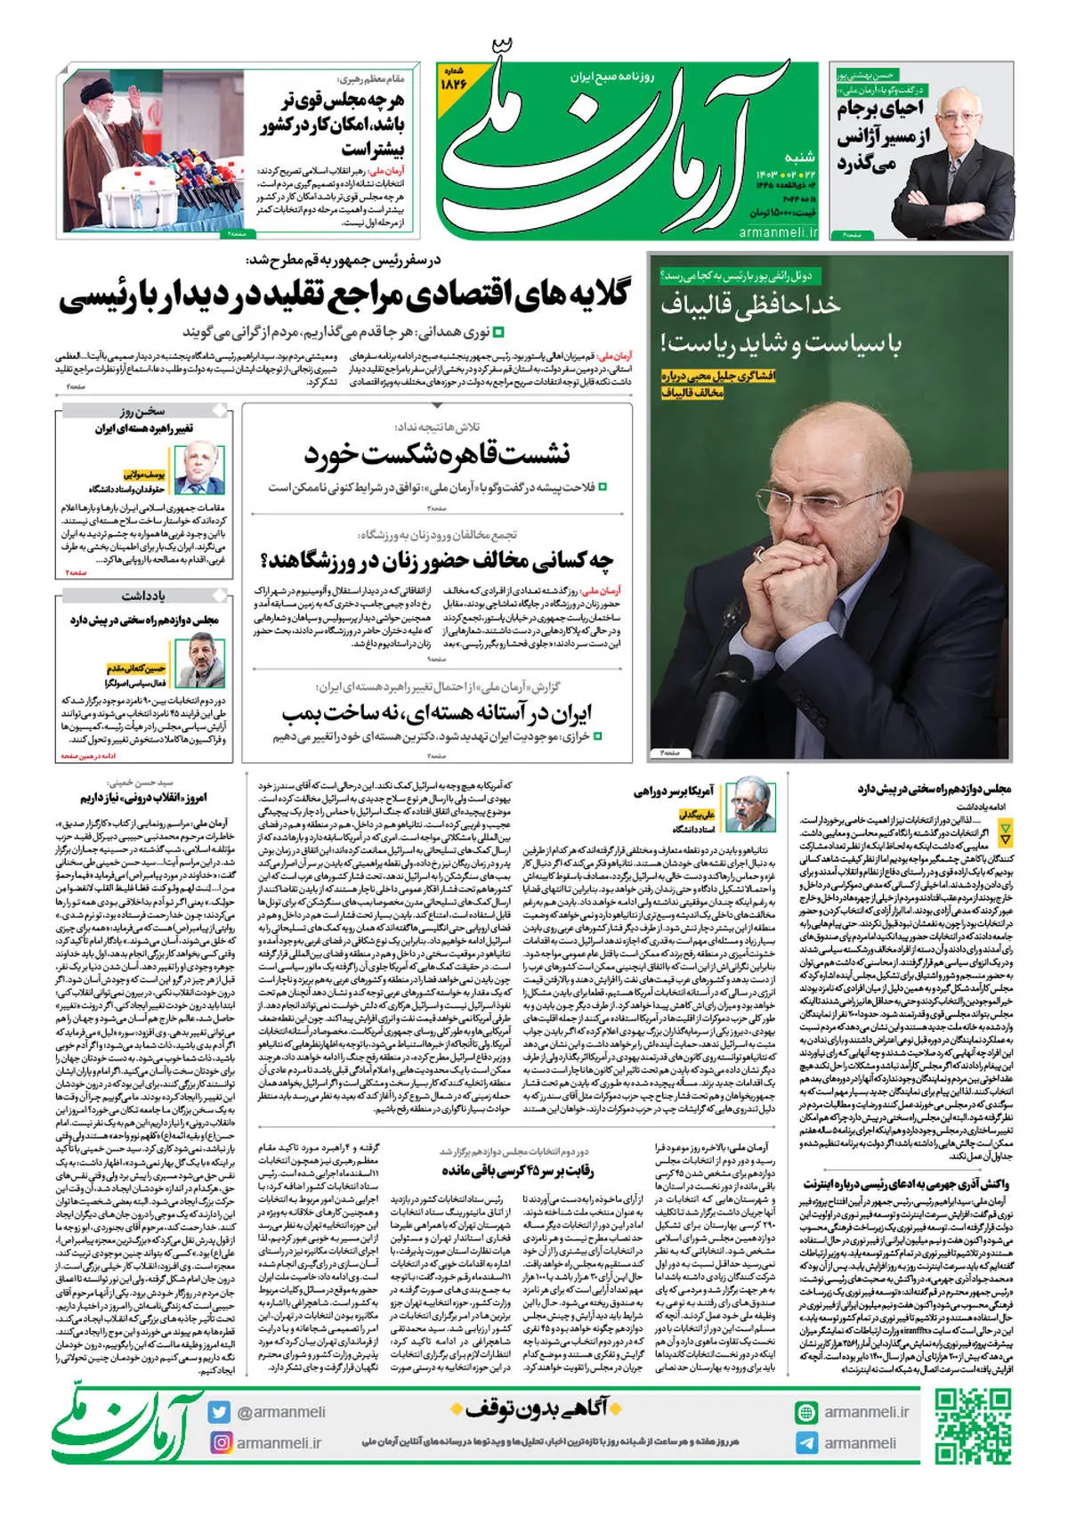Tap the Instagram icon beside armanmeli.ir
(x=221, y=1442)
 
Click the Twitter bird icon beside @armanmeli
(x=221, y=1412)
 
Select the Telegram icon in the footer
(x=806, y=1442)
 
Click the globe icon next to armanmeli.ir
(x=806, y=1412)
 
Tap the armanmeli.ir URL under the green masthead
(x=778, y=231)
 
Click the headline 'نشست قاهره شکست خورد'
(x=437, y=454)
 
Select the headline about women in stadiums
(x=437, y=561)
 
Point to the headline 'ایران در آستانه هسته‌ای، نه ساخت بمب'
(x=437, y=713)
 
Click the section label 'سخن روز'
(x=142, y=411)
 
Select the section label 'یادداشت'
(x=142, y=596)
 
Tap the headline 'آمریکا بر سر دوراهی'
(x=674, y=791)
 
